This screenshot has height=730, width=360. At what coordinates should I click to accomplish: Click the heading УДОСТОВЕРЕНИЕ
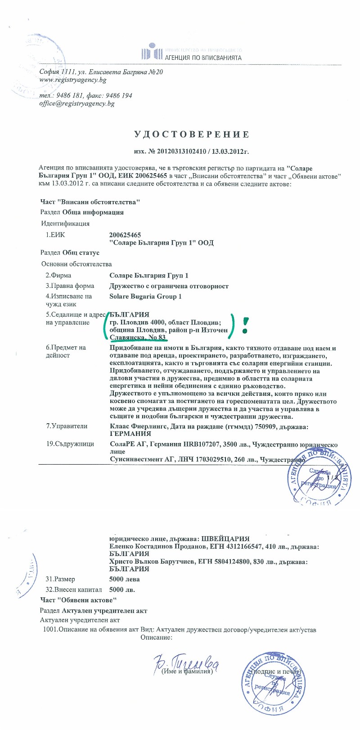point(191,134)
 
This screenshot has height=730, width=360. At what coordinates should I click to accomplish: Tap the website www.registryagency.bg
point(73,80)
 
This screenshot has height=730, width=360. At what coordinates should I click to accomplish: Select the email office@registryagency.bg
point(77,103)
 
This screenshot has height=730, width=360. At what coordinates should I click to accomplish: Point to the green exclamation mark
point(245,325)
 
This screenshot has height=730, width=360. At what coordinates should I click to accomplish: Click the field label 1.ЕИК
point(55,235)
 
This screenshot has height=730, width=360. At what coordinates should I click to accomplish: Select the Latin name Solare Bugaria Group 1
point(145,296)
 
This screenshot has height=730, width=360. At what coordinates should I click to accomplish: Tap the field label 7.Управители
point(67,426)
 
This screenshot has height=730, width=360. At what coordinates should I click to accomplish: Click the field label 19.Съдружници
point(70,444)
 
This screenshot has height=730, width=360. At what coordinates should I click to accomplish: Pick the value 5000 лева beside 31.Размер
point(125,579)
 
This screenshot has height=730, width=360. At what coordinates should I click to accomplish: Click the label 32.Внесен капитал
point(73,589)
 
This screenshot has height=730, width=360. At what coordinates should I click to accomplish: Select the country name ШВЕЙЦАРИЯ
point(225,538)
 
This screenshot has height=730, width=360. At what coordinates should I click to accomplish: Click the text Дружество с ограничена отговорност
point(169,286)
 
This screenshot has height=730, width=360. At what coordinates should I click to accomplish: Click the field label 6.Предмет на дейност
point(66,351)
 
